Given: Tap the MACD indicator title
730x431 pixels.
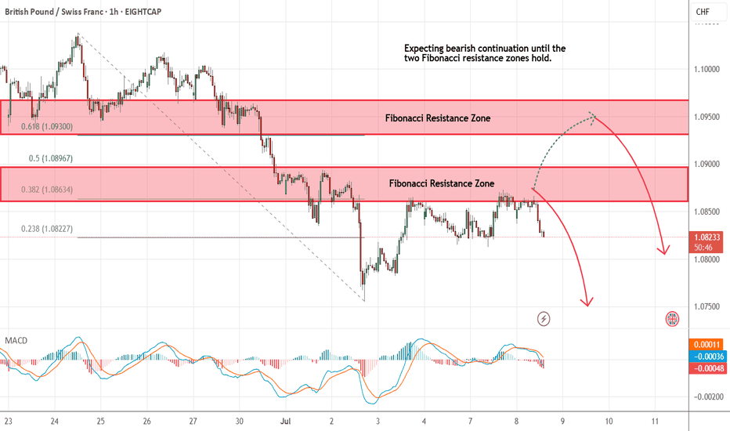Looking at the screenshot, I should pos(16,341).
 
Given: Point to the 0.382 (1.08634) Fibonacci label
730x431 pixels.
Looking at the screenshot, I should pos(49,190).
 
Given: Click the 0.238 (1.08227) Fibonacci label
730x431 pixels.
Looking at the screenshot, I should pos(49,229).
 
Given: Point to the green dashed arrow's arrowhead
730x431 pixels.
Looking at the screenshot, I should pos(592,116).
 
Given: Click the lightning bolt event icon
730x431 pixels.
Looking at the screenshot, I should pos(544,318).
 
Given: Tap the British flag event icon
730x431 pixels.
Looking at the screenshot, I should pos(672,318).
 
